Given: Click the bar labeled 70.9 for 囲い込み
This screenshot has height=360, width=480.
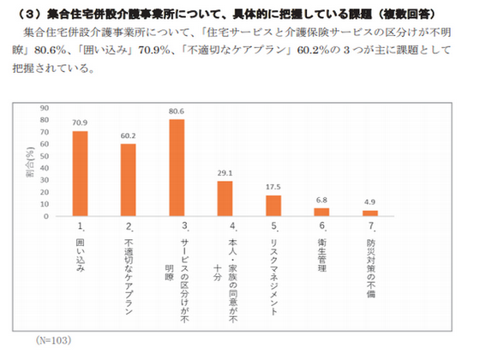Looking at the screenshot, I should tap(80, 173).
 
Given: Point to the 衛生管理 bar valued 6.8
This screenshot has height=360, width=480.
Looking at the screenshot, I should tap(322, 212).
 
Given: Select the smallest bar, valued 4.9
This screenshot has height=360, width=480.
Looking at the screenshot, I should tap(370, 213).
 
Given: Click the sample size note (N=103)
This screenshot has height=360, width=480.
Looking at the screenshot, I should tap(55, 339).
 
